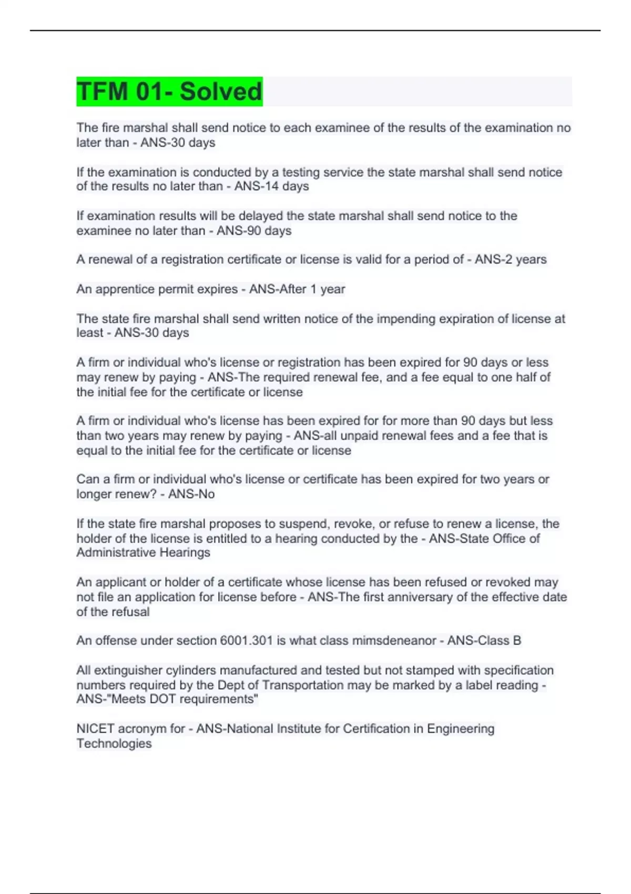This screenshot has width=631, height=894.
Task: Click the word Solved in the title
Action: [220, 92]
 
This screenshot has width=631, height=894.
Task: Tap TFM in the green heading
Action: [102, 92]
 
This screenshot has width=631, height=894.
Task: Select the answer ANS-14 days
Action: [271, 186]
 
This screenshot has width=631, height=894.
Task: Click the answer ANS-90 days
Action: [254, 230]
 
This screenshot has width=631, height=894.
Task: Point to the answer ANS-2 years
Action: [511, 259]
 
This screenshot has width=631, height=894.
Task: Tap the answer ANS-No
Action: [191, 494]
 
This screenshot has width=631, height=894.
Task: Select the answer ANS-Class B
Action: [484, 641]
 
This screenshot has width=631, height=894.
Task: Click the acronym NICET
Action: [95, 729]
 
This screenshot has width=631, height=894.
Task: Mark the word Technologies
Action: [114, 744]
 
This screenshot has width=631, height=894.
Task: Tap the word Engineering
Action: [461, 729]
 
